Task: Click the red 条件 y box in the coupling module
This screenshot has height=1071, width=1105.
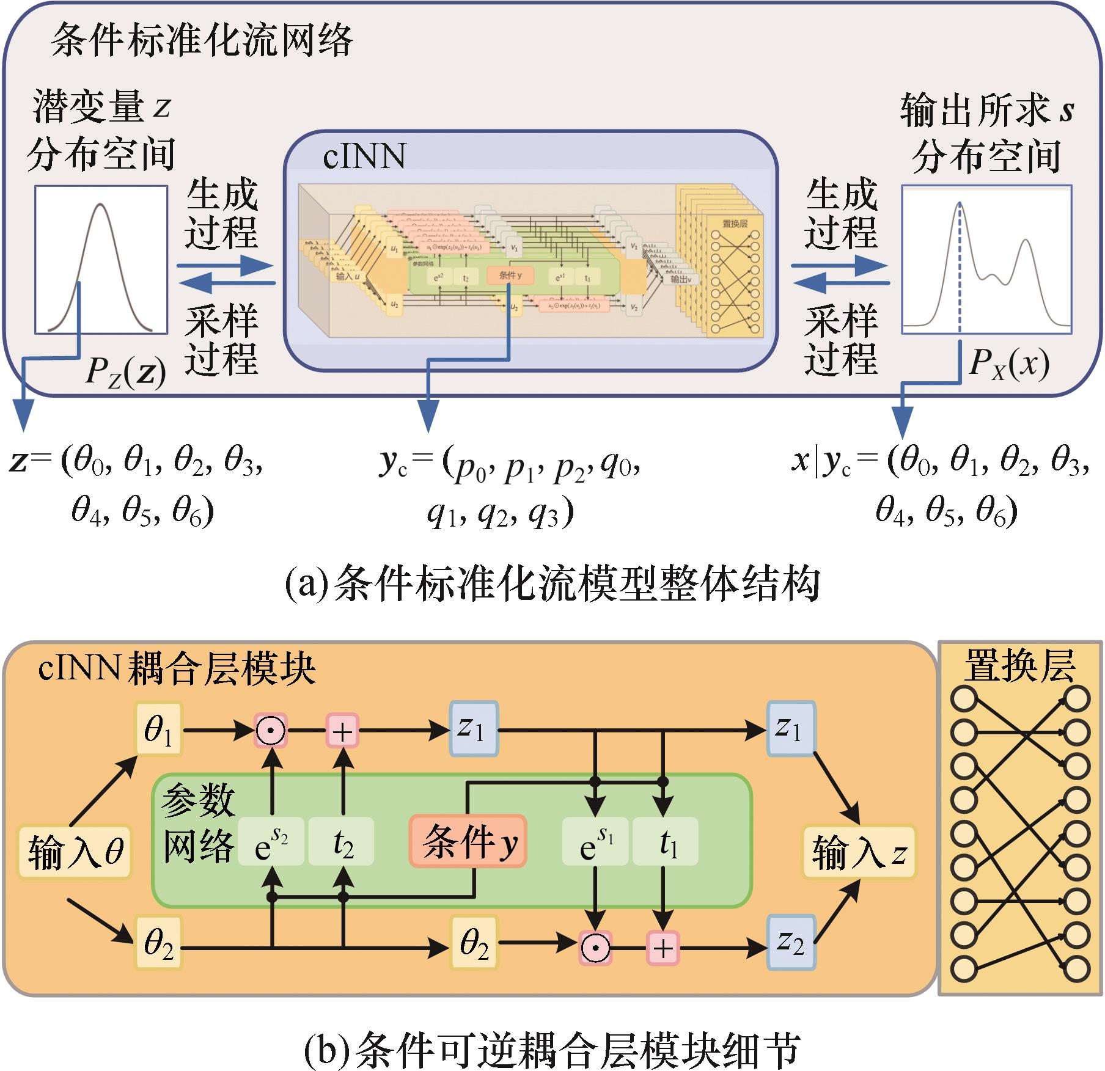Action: (x=468, y=841)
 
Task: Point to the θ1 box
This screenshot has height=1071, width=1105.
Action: (x=159, y=730)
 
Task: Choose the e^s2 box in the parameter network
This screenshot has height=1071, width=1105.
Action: (x=271, y=842)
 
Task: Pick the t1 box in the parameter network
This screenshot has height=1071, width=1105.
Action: (x=665, y=842)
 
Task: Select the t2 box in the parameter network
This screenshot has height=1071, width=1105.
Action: (x=341, y=842)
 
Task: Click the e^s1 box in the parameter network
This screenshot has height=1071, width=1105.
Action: (x=595, y=842)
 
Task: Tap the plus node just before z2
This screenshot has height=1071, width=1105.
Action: (x=663, y=948)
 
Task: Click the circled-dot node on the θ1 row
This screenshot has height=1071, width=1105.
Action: (x=270, y=730)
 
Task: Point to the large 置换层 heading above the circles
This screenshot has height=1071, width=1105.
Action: (x=1019, y=666)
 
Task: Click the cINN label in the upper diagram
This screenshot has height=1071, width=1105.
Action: (x=364, y=156)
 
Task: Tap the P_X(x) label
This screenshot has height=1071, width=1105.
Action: (x=1008, y=364)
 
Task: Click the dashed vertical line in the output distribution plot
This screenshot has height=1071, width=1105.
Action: (x=960, y=275)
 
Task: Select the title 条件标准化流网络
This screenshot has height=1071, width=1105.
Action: (x=202, y=42)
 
